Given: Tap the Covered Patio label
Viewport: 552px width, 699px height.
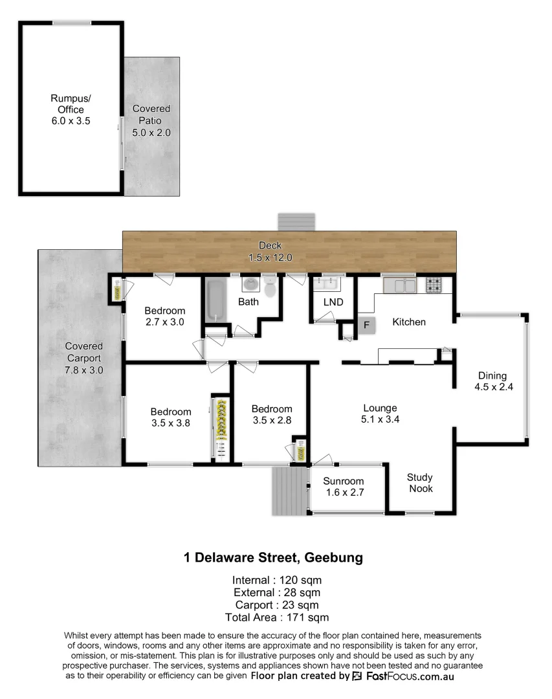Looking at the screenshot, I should tap(151, 120).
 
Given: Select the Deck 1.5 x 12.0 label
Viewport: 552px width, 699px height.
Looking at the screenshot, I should tap(270, 251).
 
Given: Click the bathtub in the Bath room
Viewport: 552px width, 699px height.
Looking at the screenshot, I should tap(214, 299).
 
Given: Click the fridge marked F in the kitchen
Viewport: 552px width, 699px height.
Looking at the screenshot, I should tap(366, 325).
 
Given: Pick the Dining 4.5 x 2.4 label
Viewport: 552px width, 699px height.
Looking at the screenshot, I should tap(492, 381).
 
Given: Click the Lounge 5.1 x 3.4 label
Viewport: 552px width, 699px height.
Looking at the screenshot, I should tap(380, 413).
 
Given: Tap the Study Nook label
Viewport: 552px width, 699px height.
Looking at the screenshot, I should tap(420, 483).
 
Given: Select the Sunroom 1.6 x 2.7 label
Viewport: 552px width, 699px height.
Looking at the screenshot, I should tap(344, 487).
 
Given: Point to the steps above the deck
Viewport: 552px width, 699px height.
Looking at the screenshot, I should tap(296, 221).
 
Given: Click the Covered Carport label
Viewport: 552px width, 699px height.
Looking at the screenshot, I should tap(83, 358).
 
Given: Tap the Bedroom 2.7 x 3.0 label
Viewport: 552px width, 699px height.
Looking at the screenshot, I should tap(164, 316).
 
